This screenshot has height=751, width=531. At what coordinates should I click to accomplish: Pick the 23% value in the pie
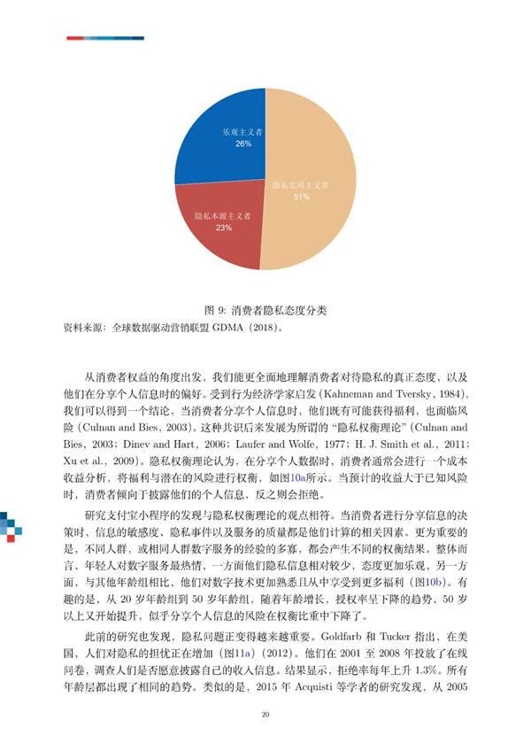(x=223, y=228)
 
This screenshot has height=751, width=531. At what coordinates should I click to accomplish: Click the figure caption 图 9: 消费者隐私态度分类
(x=265, y=311)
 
